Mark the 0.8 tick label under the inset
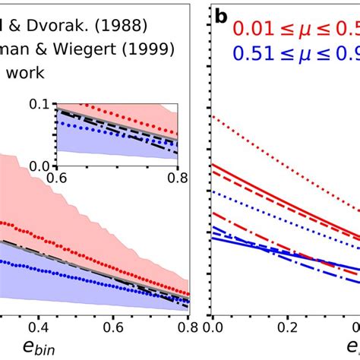[176, 176]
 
